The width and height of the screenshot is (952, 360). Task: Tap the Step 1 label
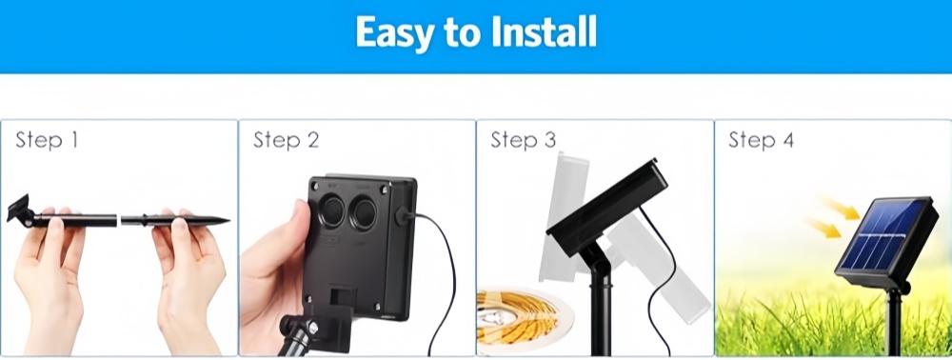(x=47, y=140)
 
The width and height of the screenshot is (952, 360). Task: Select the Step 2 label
(x=286, y=140)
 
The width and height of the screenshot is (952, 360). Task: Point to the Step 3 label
(x=524, y=140)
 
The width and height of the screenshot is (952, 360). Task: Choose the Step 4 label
(x=761, y=140)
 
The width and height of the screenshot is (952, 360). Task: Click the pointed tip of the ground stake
(x=228, y=220)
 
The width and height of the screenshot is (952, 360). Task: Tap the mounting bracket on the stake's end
(x=19, y=210)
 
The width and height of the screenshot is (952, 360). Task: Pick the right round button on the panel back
(x=365, y=213)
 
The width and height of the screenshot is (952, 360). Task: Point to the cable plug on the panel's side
(x=404, y=216)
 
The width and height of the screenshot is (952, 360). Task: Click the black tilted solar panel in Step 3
(x=607, y=207)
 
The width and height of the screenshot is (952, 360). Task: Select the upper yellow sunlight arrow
(x=843, y=209)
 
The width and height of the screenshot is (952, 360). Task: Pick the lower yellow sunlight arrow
(x=824, y=229)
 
